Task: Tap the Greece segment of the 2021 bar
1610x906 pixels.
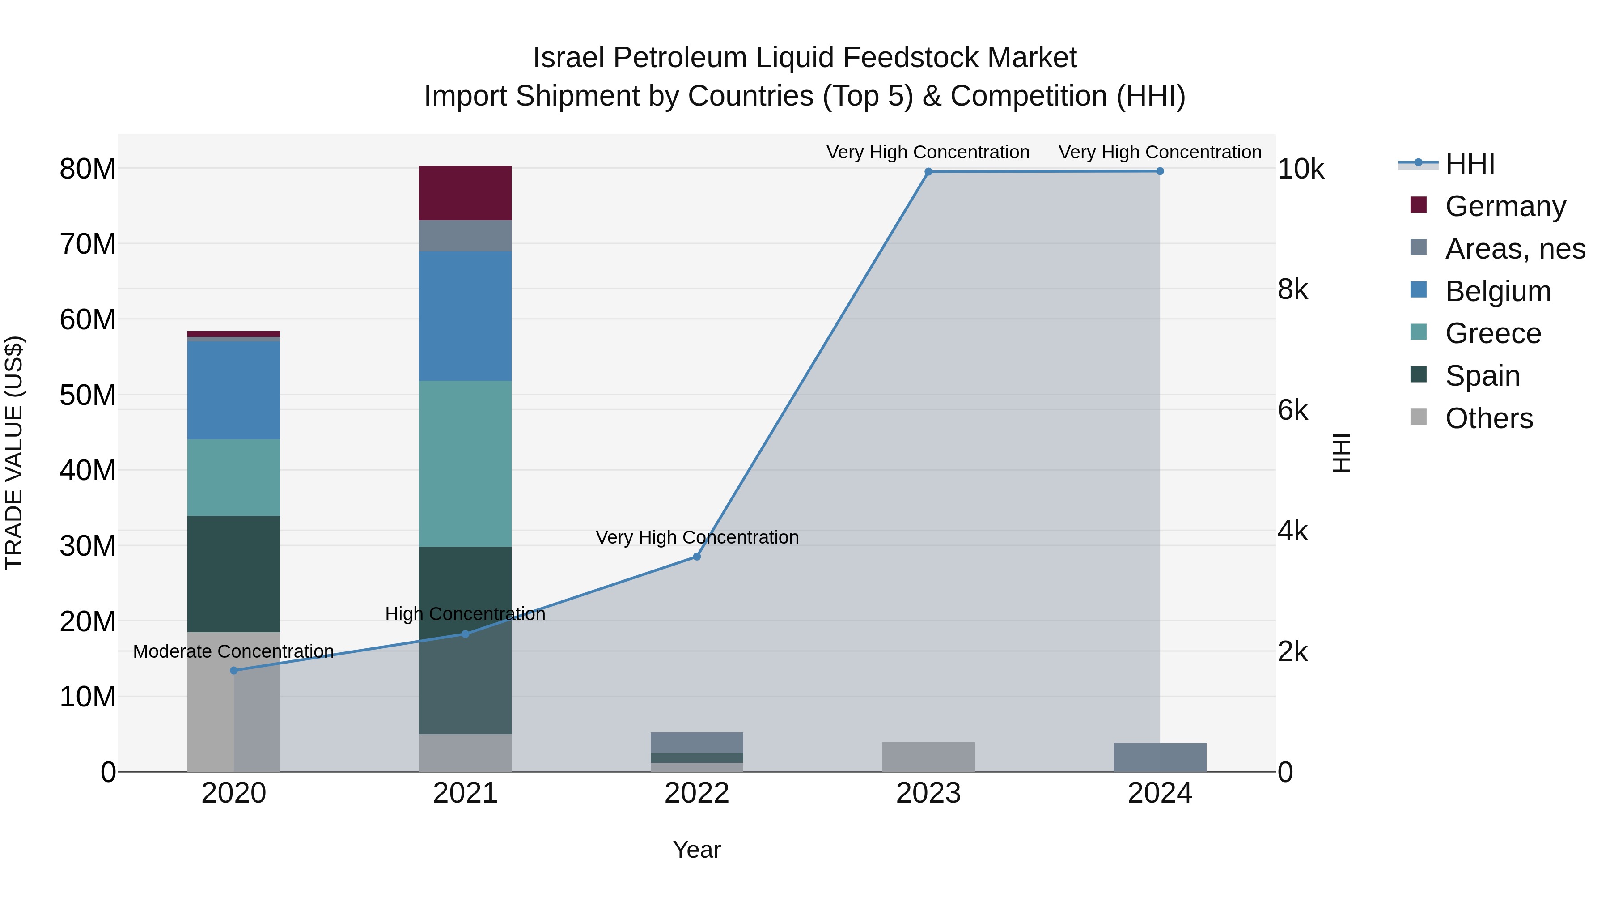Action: click(465, 464)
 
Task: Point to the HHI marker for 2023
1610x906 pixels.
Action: click(928, 172)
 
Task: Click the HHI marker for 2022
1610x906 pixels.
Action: click(697, 557)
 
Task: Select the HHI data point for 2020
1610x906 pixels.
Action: click(234, 670)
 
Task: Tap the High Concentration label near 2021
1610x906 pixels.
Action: click(465, 614)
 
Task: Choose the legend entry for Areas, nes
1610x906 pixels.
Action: click(1515, 249)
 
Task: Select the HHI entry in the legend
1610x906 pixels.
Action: click(1470, 164)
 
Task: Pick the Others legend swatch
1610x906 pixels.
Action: click(1419, 417)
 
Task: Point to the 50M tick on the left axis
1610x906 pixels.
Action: click(88, 395)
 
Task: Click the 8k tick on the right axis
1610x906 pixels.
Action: click(1292, 289)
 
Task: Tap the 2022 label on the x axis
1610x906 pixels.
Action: click(696, 793)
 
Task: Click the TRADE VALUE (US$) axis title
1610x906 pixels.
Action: click(14, 453)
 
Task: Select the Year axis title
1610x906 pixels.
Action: click(696, 850)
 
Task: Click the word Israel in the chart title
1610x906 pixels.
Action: click(569, 58)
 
